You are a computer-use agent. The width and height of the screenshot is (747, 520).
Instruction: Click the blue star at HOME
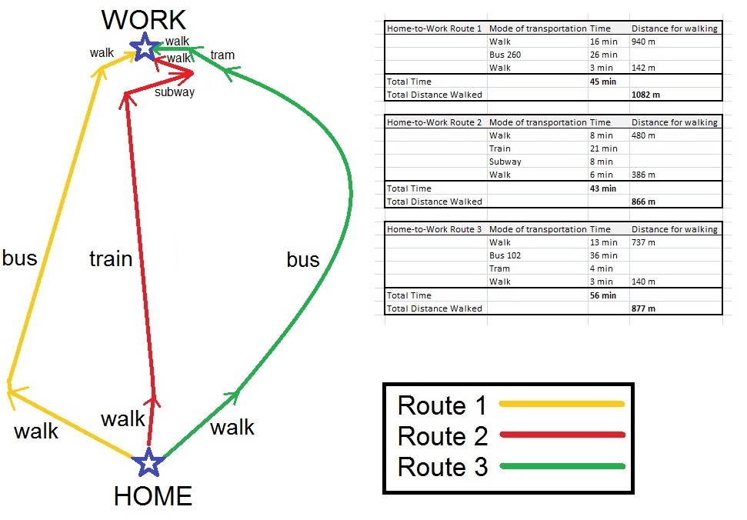[x=148, y=462]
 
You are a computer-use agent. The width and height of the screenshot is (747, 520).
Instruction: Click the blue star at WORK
[x=145, y=47]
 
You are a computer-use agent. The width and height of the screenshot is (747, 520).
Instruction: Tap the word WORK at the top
[x=143, y=19]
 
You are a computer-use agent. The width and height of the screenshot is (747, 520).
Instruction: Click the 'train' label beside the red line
[x=111, y=258]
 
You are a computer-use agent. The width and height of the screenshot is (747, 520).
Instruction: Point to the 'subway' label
[x=175, y=92]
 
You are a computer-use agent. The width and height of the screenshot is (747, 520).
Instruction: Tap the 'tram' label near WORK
[x=222, y=55]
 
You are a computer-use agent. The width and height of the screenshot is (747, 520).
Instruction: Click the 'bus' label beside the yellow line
[x=19, y=258]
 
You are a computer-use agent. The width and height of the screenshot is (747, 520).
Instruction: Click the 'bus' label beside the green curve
[x=303, y=259]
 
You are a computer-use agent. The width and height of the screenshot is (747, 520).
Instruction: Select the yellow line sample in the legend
[x=562, y=404]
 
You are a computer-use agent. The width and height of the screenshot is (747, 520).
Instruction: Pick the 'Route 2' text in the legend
[x=442, y=436]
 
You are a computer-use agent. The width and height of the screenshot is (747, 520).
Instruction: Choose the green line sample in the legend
[x=562, y=466]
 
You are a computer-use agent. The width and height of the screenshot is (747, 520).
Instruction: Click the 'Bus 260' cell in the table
[x=505, y=55]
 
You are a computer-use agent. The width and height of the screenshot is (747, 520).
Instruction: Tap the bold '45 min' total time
[x=603, y=82]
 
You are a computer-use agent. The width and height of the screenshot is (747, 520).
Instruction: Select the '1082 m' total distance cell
[x=645, y=95]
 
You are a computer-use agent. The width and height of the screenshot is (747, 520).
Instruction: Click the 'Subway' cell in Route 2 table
[x=505, y=162]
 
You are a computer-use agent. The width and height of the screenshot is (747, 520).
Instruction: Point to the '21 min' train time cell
[x=604, y=148]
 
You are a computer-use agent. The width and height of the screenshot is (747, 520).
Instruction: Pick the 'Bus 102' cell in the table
[x=505, y=255]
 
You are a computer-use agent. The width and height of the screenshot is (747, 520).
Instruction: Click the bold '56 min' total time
[x=603, y=295]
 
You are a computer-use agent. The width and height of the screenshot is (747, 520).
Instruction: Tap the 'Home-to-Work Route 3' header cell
[x=434, y=229]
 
